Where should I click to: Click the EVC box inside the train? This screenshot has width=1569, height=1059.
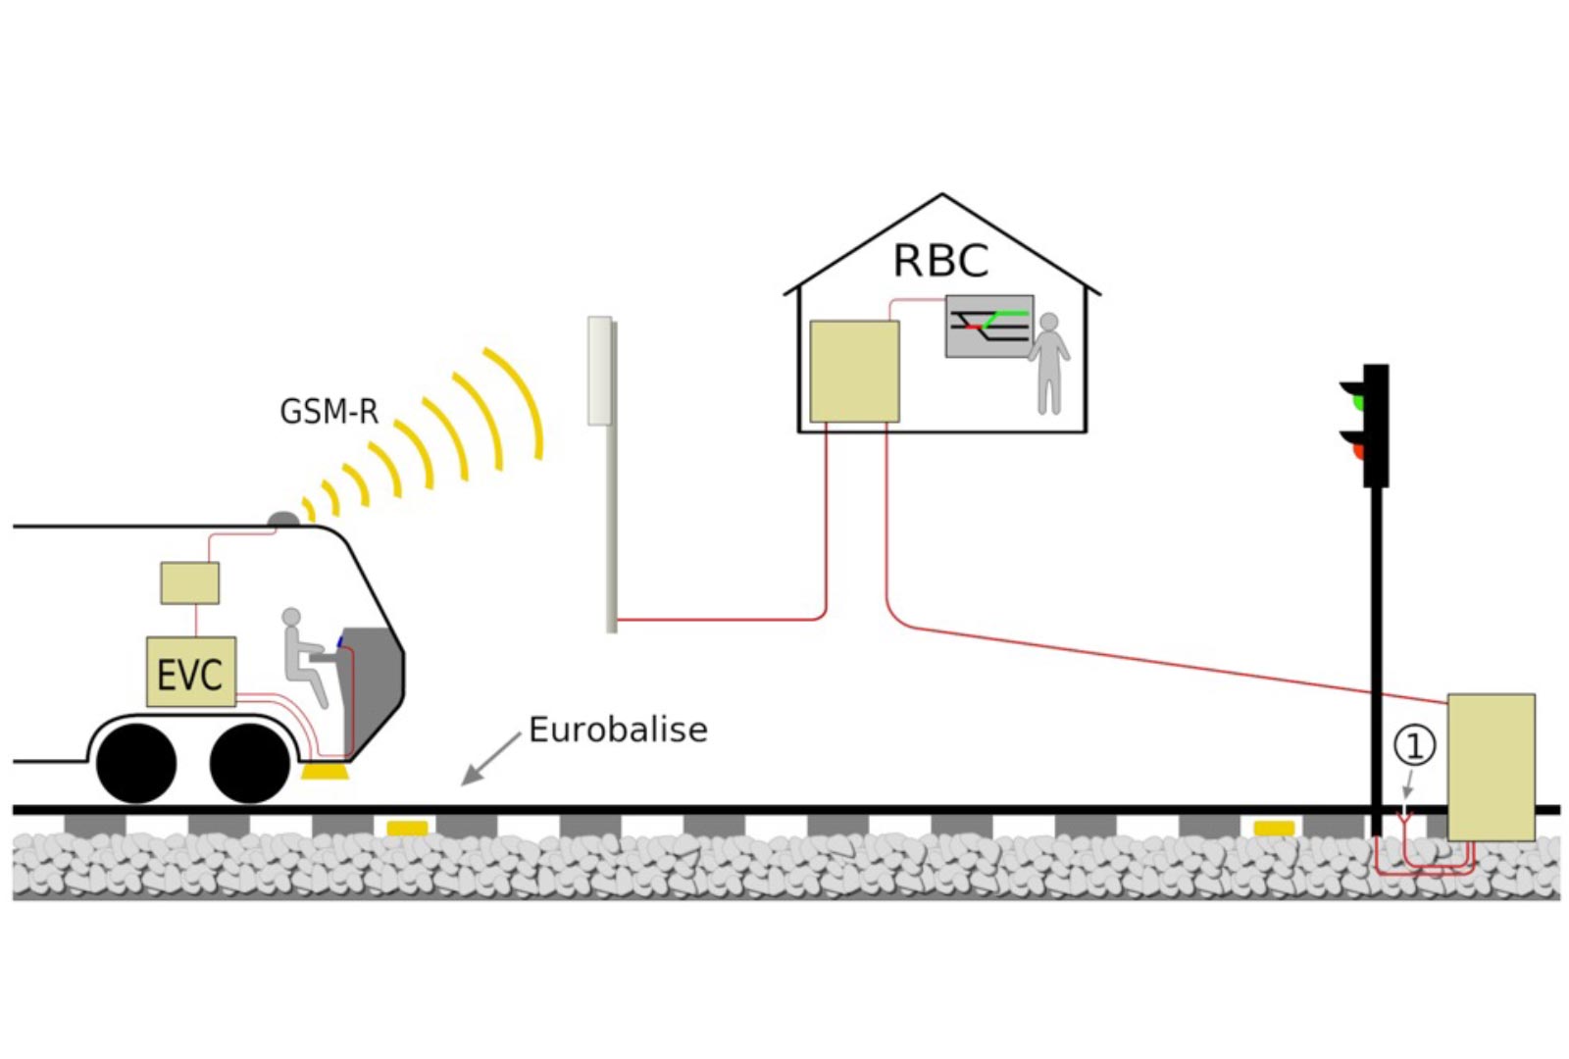pyautogui.click(x=190, y=672)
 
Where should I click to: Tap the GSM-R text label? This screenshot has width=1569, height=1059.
pyautogui.click(x=329, y=411)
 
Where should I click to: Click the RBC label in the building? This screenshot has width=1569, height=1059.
pyautogui.click(x=940, y=261)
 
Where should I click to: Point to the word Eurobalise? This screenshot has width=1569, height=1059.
pyautogui.click(x=618, y=730)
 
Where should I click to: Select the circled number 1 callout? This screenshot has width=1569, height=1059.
pyautogui.click(x=1414, y=746)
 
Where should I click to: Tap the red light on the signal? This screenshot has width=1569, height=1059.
pyautogui.click(x=1358, y=451)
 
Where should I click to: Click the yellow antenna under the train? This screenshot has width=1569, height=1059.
pyautogui.click(x=325, y=773)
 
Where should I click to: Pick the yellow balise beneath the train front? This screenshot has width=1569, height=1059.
pyautogui.click(x=407, y=829)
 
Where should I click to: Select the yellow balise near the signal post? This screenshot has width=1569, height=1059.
pyautogui.click(x=1274, y=829)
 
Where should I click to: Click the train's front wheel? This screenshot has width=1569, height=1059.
pyautogui.click(x=250, y=764)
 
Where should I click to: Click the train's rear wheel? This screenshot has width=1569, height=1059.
pyautogui.click(x=136, y=764)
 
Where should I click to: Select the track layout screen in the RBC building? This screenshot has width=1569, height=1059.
pyautogui.click(x=988, y=326)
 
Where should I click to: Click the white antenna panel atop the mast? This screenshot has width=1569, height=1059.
pyautogui.click(x=599, y=371)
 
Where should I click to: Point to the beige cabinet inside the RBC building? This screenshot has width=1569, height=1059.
pyautogui.click(x=854, y=372)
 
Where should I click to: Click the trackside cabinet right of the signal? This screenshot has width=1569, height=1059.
pyautogui.click(x=1491, y=767)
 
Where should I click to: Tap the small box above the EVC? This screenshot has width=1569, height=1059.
pyautogui.click(x=189, y=582)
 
